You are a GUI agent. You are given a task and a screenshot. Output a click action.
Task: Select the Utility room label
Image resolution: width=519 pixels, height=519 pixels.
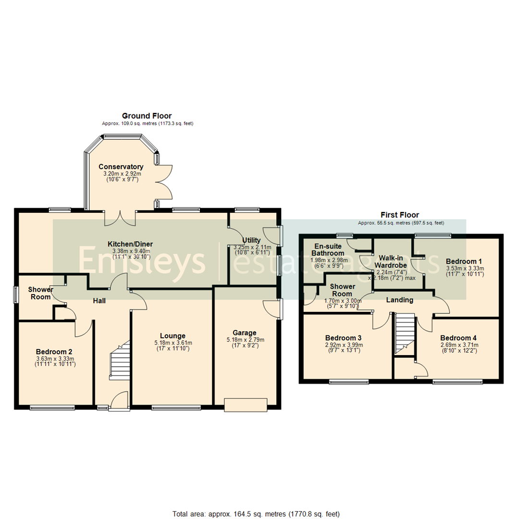tap(251, 240)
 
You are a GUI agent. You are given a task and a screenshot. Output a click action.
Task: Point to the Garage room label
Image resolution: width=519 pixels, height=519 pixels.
tap(245, 333)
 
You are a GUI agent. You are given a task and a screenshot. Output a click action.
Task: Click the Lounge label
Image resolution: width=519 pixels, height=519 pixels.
tap(173, 335)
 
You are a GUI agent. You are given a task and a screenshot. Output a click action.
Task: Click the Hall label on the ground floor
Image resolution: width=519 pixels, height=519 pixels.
tap(99, 301)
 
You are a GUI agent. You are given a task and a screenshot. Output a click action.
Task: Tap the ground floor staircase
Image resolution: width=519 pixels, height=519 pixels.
tap(119, 360)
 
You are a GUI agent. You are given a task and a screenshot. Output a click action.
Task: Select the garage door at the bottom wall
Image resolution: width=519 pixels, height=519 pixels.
tap(245, 405)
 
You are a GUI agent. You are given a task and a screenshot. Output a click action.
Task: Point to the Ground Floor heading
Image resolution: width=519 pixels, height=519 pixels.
tap(147, 116)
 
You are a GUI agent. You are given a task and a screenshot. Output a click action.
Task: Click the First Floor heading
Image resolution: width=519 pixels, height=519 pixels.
tap(400, 215)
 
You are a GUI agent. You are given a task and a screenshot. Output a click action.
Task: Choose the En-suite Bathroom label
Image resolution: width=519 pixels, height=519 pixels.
tap(327, 249)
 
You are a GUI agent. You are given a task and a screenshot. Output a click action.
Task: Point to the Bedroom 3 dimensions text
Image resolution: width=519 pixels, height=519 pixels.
tap(344, 347)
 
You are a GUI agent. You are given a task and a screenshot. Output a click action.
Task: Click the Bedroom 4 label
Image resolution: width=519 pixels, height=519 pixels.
tap(459, 337)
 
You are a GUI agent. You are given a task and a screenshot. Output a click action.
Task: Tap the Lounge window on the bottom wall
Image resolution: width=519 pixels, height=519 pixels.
tap(176, 408)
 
